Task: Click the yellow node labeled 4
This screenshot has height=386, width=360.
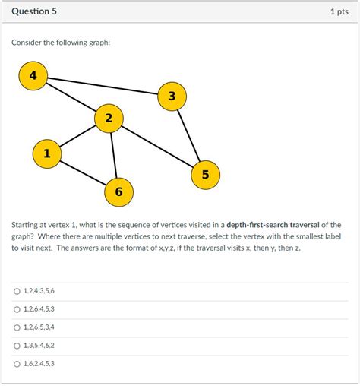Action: click(x=33, y=76)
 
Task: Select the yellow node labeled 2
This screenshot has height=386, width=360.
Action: click(x=109, y=118)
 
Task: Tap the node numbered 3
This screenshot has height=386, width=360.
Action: click(x=172, y=96)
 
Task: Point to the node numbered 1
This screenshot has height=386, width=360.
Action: click(x=47, y=153)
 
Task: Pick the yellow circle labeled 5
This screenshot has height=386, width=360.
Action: click(x=204, y=175)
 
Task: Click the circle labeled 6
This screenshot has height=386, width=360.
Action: click(x=118, y=191)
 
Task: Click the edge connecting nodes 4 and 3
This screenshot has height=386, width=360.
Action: click(x=103, y=86)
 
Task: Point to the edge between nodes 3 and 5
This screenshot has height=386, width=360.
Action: click(x=188, y=135)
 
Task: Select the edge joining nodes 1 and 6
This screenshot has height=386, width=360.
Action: click(x=83, y=172)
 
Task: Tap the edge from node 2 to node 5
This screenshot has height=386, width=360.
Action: click(x=156, y=146)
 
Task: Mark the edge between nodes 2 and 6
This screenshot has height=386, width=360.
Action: click(x=114, y=155)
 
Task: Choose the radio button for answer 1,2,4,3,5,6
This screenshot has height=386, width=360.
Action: click(x=17, y=291)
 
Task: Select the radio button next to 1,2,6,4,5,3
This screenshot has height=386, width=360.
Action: click(x=17, y=309)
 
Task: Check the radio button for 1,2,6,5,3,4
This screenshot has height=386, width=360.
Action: click(x=17, y=327)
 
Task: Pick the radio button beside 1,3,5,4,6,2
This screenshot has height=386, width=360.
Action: click(x=17, y=346)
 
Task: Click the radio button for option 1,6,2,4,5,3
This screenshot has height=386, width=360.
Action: click(x=17, y=364)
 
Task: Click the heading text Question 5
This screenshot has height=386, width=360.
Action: click(x=33, y=12)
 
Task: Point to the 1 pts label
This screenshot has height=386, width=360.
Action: click(x=339, y=12)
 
